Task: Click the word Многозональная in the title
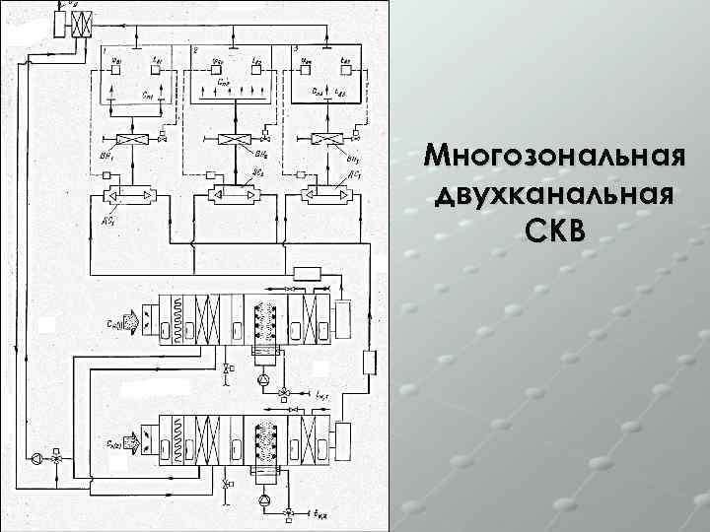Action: [x=551, y=156]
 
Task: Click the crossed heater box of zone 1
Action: [x=125, y=141]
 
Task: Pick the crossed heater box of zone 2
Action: [x=233, y=141]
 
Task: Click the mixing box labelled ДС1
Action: [x=125, y=195]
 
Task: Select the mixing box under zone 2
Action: [x=233, y=195]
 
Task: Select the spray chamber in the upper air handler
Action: [x=263, y=321]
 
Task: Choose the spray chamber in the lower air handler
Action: [x=263, y=439]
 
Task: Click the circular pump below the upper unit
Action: [x=261, y=379]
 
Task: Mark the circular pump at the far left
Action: [x=36, y=458]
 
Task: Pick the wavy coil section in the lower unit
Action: [x=177, y=439]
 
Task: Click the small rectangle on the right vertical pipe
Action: [x=369, y=362]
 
